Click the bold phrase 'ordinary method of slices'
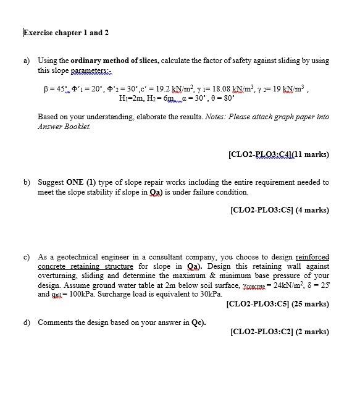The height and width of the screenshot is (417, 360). coord(110,61)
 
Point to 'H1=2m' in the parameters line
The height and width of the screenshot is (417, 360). coord(140,97)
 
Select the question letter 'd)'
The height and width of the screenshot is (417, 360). coord(27,322)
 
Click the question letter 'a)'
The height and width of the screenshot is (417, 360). coord(27,61)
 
